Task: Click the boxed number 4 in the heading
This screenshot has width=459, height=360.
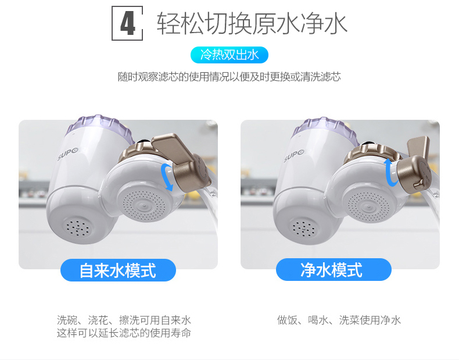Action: pos(127,23)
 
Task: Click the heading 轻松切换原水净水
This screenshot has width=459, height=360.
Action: pos(252,23)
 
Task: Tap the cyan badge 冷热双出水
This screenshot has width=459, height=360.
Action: pos(229,55)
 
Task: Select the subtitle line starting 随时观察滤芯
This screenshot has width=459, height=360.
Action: pos(229,77)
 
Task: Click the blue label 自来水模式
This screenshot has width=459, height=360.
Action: pos(118,270)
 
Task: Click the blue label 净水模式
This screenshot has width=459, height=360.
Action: pos(334,269)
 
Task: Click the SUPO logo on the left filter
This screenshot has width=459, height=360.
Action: pos(68,154)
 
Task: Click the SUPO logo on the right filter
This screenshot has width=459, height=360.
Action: pos(294,156)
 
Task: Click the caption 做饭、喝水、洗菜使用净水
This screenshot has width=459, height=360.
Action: pos(339,320)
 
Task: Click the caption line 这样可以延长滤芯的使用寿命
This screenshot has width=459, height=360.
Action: pos(124,333)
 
